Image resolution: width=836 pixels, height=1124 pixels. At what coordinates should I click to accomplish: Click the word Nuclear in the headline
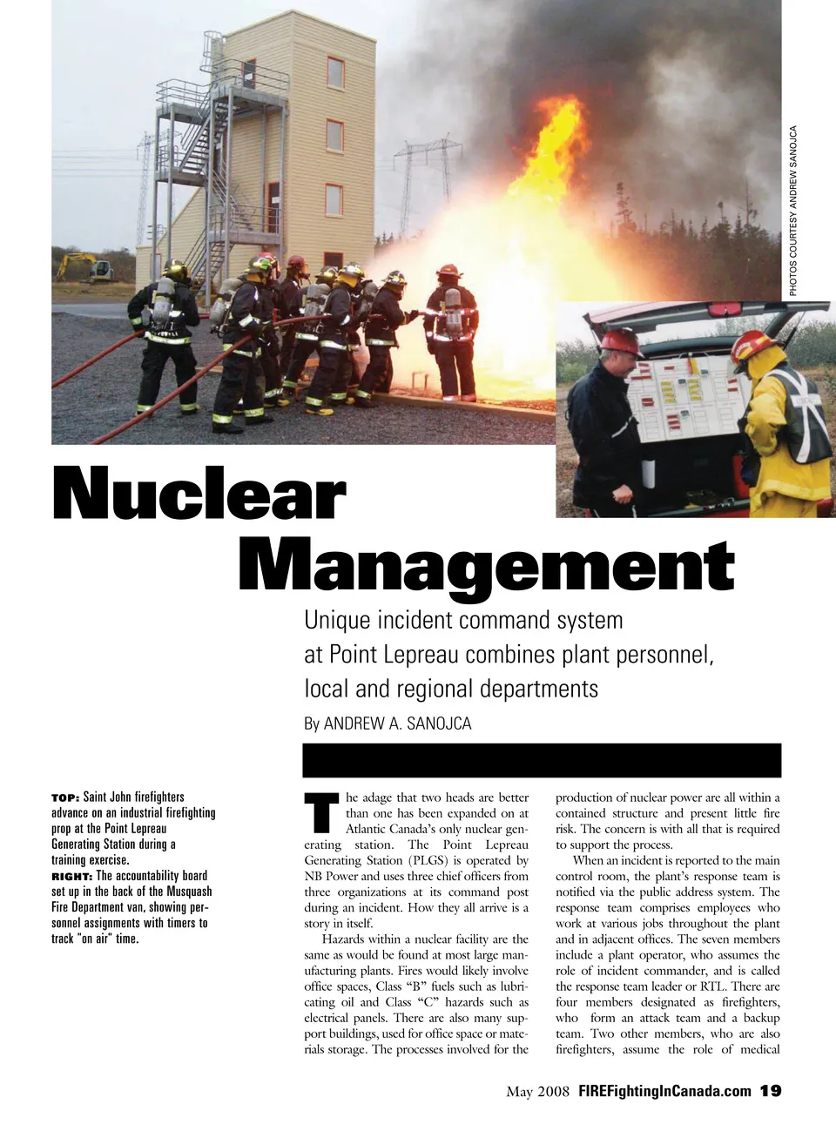199,494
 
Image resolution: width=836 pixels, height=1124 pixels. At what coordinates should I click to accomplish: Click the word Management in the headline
486,567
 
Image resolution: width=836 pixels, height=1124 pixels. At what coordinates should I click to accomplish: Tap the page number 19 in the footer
771,1091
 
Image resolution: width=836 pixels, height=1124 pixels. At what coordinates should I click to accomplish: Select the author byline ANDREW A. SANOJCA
397,724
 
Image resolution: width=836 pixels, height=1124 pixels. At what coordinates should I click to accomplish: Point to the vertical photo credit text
793,211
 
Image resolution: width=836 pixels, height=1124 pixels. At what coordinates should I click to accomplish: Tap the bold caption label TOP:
65,798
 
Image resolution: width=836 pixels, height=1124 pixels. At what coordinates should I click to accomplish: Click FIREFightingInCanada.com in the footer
664,1091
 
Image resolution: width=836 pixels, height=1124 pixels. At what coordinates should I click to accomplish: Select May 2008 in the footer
537,1091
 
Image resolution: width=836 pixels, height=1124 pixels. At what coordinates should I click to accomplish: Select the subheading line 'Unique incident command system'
463,620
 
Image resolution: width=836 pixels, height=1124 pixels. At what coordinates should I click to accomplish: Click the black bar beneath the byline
541,760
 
